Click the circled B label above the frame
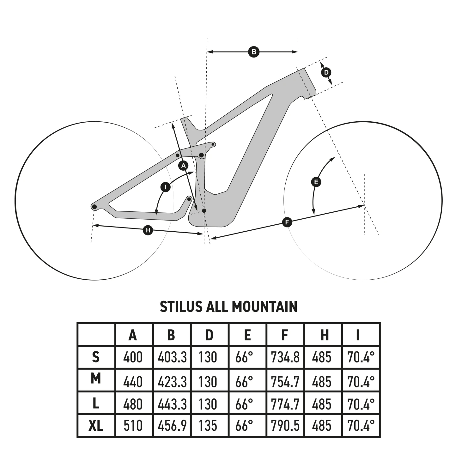(x=253, y=52)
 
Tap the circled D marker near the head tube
(x=326, y=73)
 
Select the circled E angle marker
(x=316, y=182)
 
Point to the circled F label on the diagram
(x=287, y=222)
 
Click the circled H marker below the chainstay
(x=148, y=230)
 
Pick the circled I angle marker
(x=165, y=187)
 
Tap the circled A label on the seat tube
(x=183, y=166)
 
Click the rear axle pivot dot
(x=94, y=207)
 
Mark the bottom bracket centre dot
(x=204, y=210)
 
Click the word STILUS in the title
(x=181, y=307)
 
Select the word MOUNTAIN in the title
(x=264, y=307)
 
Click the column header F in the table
(x=285, y=335)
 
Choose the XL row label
(x=96, y=426)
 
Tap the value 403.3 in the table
(x=172, y=357)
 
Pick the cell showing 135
(x=208, y=426)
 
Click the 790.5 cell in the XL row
(x=285, y=426)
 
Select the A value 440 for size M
(x=133, y=382)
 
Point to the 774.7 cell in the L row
(x=285, y=404)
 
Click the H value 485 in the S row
(x=322, y=357)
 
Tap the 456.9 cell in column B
(x=172, y=426)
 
